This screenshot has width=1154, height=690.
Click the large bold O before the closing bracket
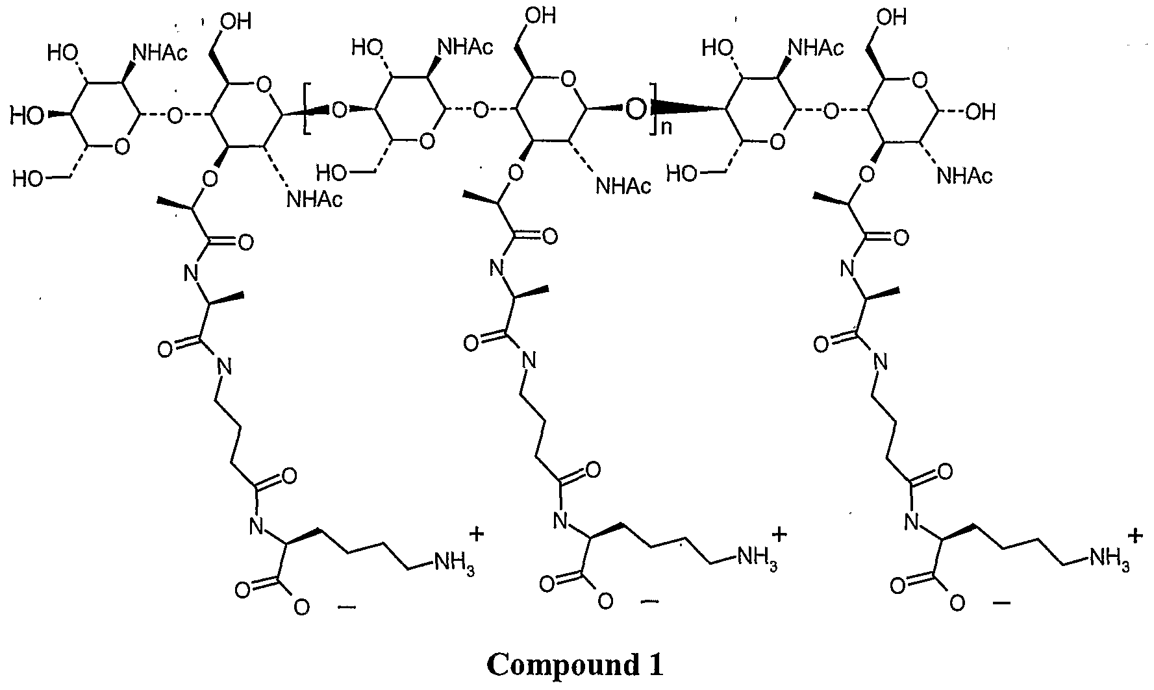click(637, 111)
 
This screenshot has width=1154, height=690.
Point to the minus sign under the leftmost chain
click(347, 608)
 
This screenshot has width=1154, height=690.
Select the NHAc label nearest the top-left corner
click(158, 52)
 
